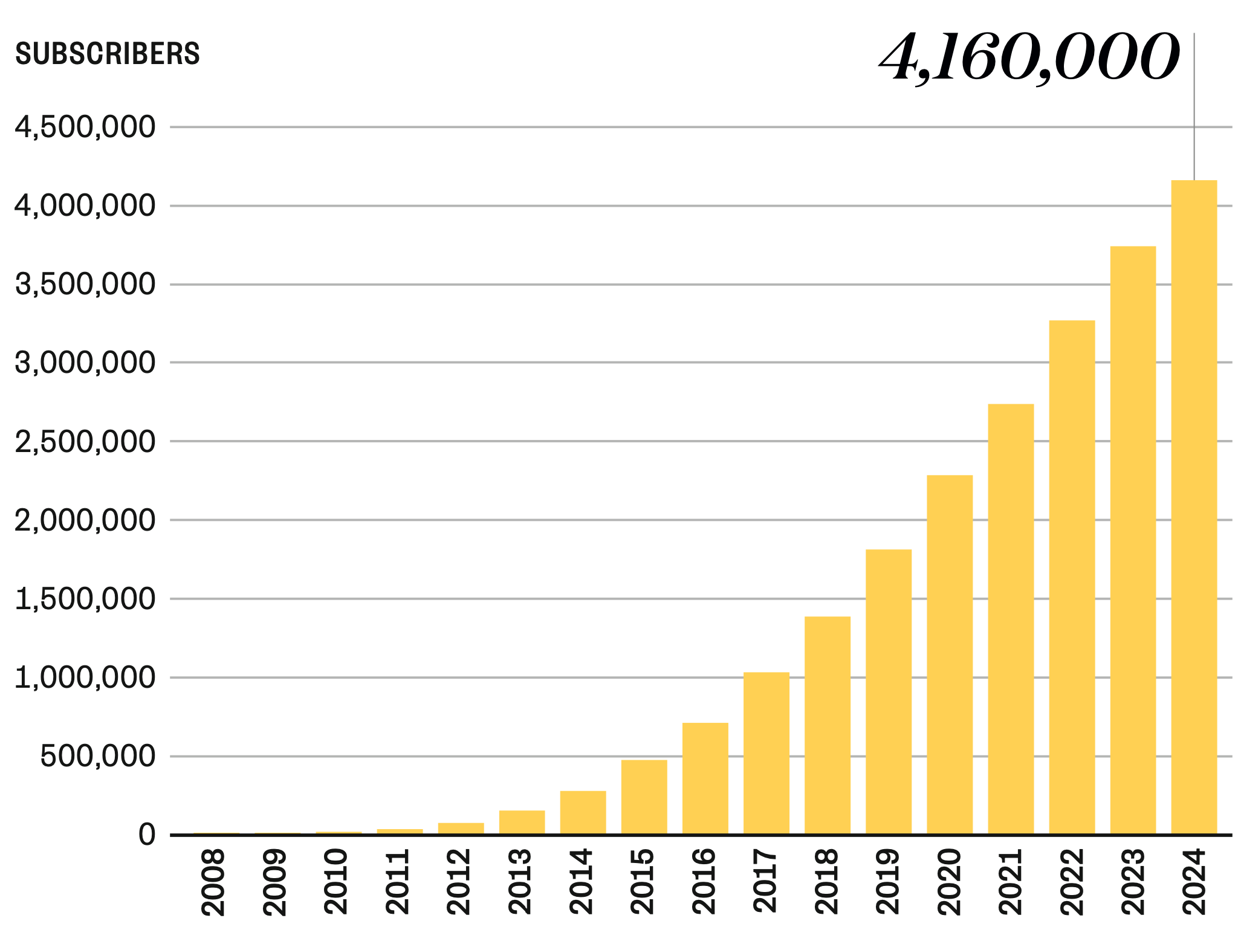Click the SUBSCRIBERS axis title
[108, 54]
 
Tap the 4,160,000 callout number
[1029, 57]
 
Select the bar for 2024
[1194, 508]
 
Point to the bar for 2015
[644, 797]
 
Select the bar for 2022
[1072, 577]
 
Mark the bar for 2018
[827, 725]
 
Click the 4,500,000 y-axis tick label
[85, 128]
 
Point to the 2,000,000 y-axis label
[85, 520]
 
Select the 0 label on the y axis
[147, 835]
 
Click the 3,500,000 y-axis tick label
[85, 285]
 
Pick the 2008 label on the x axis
[213, 882]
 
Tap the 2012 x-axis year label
[458, 882]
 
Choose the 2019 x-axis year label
[888, 882]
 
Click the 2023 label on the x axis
[1133, 882]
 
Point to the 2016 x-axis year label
[704, 882]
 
